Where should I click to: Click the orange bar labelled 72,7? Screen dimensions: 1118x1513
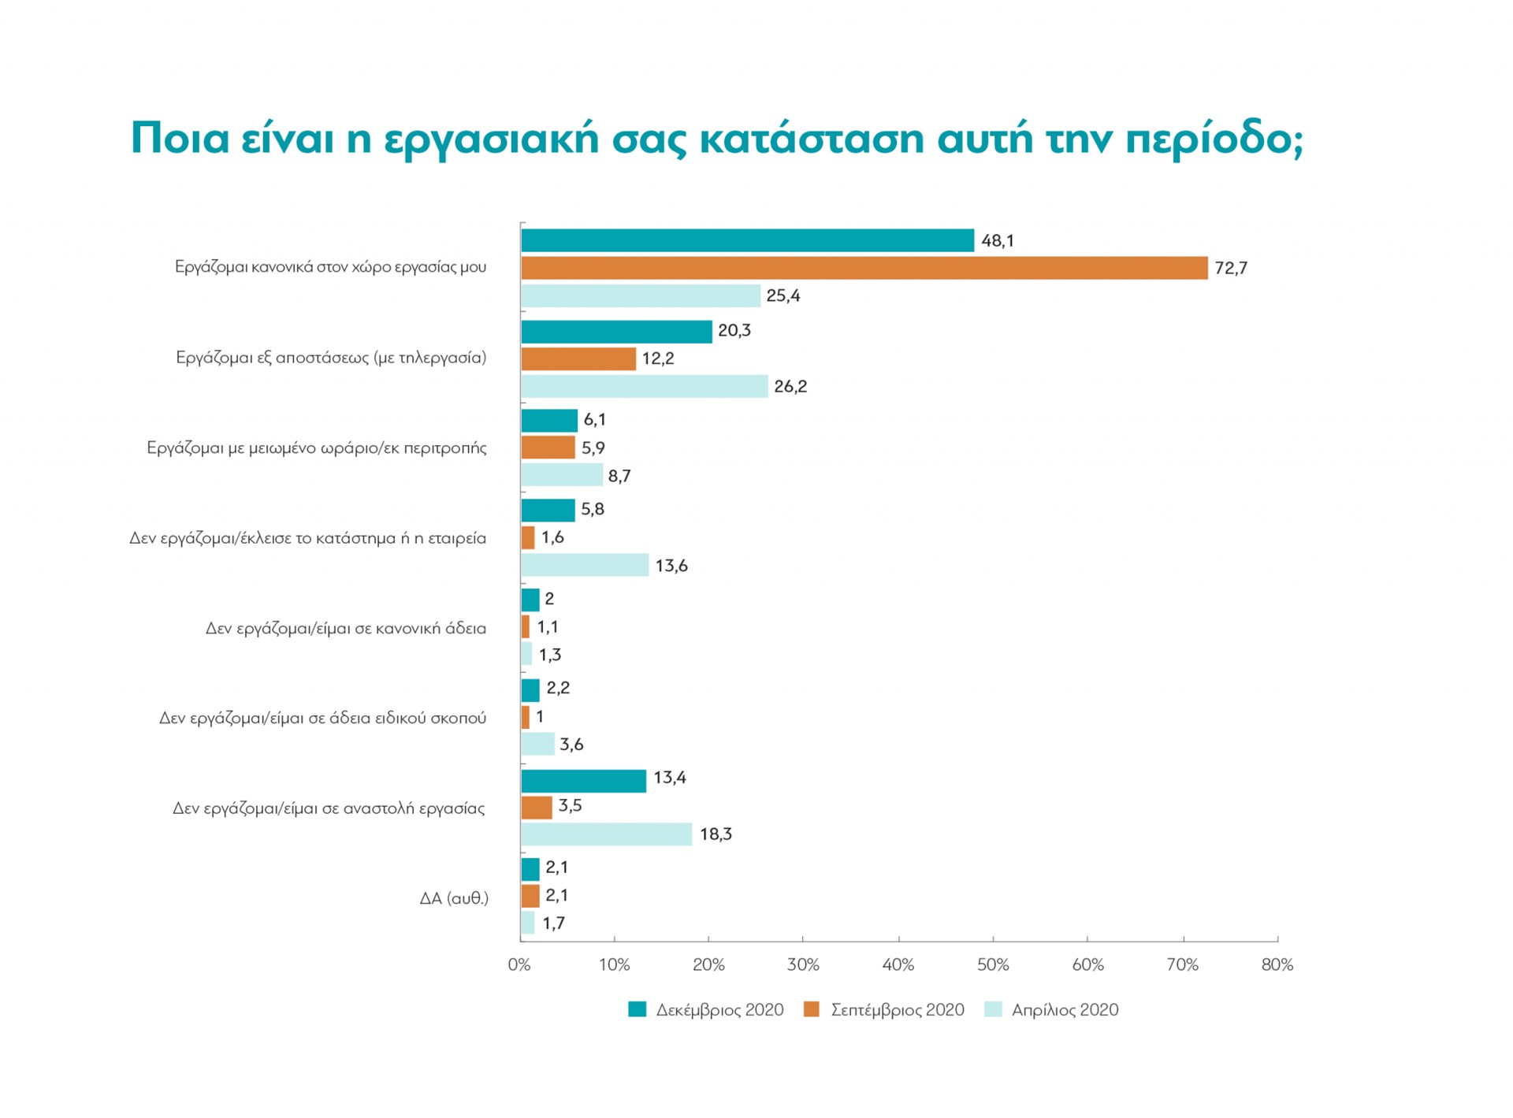pyautogui.click(x=864, y=268)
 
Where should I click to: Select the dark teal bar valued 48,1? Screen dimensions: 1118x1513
pyautogui.click(x=747, y=240)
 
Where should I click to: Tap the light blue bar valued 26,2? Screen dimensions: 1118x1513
pyautogui.click(x=644, y=386)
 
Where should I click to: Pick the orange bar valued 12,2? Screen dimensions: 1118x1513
pyautogui.click(x=578, y=358)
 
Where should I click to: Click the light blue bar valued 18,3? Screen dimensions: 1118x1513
pyautogui.click(x=606, y=834)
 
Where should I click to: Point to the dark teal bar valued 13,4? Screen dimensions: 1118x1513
pyautogui.click(x=583, y=780)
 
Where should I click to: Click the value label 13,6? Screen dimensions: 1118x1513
pyautogui.click(x=671, y=566)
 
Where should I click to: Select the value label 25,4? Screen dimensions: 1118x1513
pyautogui.click(x=783, y=295)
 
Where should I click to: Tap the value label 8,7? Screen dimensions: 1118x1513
pyautogui.click(x=619, y=476)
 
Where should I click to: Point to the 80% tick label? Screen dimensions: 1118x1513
pyautogui.click(x=1277, y=964)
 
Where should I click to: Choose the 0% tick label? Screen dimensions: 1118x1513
pyautogui.click(x=519, y=964)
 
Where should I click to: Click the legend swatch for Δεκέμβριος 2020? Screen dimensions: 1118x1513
pyautogui.click(x=637, y=1009)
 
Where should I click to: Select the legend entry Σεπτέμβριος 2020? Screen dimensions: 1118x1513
pyautogui.click(x=897, y=1009)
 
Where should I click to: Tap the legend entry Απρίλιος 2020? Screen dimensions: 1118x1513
pyautogui.click(x=1064, y=1009)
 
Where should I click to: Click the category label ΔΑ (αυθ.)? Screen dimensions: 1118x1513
pyautogui.click(x=454, y=897)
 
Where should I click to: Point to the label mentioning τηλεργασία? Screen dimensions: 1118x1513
pyautogui.click(x=331, y=358)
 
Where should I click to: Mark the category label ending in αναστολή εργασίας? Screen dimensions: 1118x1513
pyautogui.click(x=329, y=808)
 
